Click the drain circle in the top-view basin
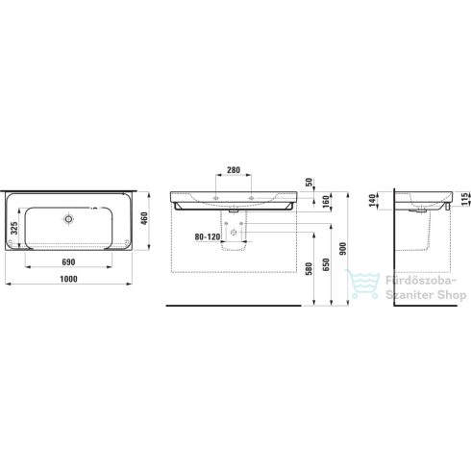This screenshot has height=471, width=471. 68,219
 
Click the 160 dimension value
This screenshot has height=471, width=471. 327,200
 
